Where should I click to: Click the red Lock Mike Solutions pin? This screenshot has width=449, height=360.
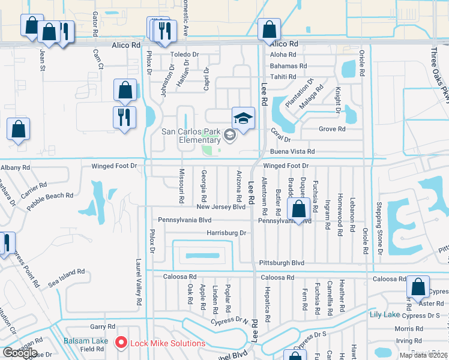(x=121, y=343)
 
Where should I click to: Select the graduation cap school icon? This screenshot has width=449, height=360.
(x=244, y=118)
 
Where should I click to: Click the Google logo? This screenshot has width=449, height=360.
(x=20, y=353)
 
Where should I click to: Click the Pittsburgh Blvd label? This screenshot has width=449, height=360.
(x=282, y=263)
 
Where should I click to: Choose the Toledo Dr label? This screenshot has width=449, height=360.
(x=183, y=54)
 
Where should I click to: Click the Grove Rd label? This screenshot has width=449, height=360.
(x=332, y=129)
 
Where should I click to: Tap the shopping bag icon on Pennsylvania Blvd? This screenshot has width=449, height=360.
(x=298, y=209)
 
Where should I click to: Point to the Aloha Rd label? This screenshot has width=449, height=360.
(x=283, y=55)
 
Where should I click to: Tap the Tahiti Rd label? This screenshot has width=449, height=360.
(x=283, y=77)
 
